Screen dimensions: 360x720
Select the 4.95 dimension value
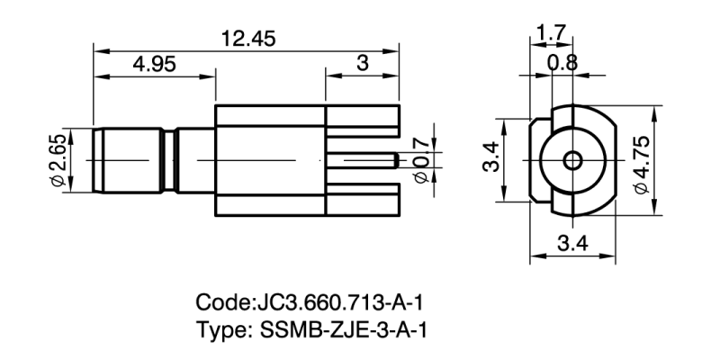pyautogui.click(x=157, y=65)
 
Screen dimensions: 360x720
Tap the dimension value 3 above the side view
pyautogui.click(x=363, y=65)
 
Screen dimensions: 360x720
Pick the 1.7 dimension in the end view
pyautogui.click(x=549, y=33)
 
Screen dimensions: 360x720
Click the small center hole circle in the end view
pyautogui.click(x=572, y=161)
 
